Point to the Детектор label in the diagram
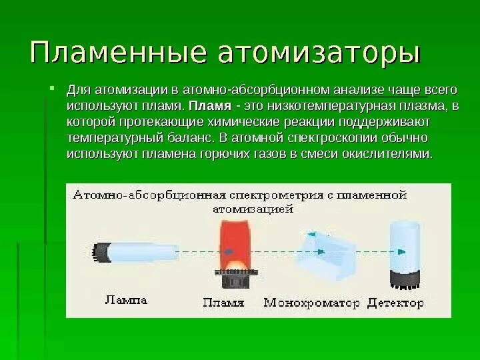click(395, 302)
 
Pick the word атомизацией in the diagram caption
click(253, 208)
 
